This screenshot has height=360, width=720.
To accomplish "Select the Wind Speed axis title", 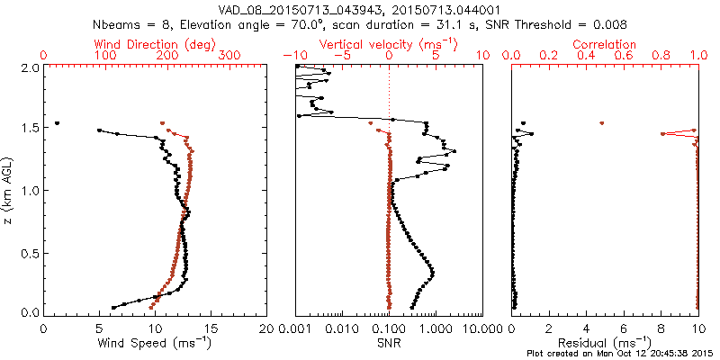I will [x=156, y=342].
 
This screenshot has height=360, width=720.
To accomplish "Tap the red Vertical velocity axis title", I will [x=389, y=44].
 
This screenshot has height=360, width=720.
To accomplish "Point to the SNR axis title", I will [x=389, y=342].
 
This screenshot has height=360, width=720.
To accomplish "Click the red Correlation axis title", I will [x=605, y=44].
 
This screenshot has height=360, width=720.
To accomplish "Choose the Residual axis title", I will [x=605, y=343].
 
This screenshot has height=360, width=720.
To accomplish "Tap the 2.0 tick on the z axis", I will [x=29, y=67].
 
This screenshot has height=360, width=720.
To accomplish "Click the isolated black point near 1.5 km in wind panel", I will [x=57, y=123].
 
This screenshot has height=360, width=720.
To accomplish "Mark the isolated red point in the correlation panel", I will [x=602, y=123].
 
